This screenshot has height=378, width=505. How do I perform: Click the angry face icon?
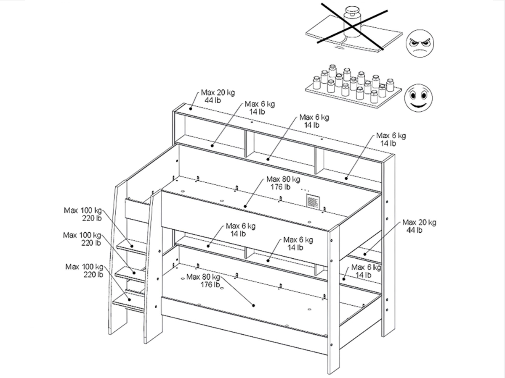click(x=420, y=43)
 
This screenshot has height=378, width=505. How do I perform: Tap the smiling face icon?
click(x=418, y=98)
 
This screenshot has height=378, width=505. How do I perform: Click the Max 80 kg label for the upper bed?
click(x=283, y=183)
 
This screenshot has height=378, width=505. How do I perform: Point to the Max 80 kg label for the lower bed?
click(x=203, y=281)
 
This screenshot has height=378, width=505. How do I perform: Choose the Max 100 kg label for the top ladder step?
click(x=83, y=214)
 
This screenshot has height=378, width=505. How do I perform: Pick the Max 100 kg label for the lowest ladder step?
click(x=84, y=270)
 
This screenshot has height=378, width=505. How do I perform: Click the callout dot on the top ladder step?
click(x=132, y=246)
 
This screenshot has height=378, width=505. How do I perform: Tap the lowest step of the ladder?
click(x=129, y=302)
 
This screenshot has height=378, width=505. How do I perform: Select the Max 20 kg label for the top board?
click(x=218, y=96)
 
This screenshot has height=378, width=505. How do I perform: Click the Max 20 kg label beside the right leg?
click(x=419, y=226)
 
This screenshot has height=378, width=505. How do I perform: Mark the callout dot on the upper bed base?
click(x=245, y=206)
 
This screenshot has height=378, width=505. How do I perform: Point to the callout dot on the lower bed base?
click(x=253, y=305)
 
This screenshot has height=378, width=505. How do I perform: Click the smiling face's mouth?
click(x=418, y=105)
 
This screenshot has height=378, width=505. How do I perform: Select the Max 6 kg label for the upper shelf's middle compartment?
click(x=314, y=121)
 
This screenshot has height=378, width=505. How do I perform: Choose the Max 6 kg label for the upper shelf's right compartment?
click(x=391, y=139)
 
